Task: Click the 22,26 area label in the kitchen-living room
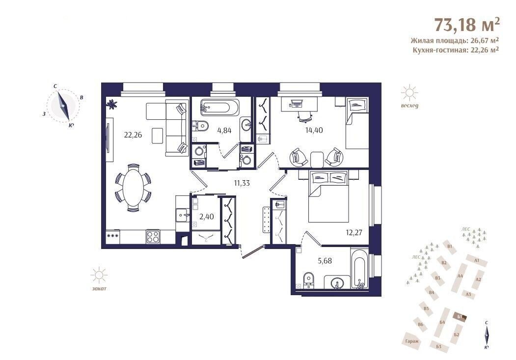[x=133, y=135]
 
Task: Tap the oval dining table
[x=133, y=188]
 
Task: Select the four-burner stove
[x=153, y=237]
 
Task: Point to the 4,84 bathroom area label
[x=224, y=130]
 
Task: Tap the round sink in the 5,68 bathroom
[x=336, y=283]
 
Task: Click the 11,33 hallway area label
[x=242, y=183]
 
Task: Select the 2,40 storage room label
[x=207, y=217]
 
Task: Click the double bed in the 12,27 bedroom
[x=328, y=196]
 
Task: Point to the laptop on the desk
[x=297, y=103]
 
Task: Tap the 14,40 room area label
[x=314, y=130]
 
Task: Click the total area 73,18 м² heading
[x=467, y=24]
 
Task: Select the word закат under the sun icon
[x=99, y=289]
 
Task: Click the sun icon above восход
[x=409, y=93]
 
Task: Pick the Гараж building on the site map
[x=412, y=341]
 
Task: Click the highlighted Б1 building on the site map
[x=460, y=317]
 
